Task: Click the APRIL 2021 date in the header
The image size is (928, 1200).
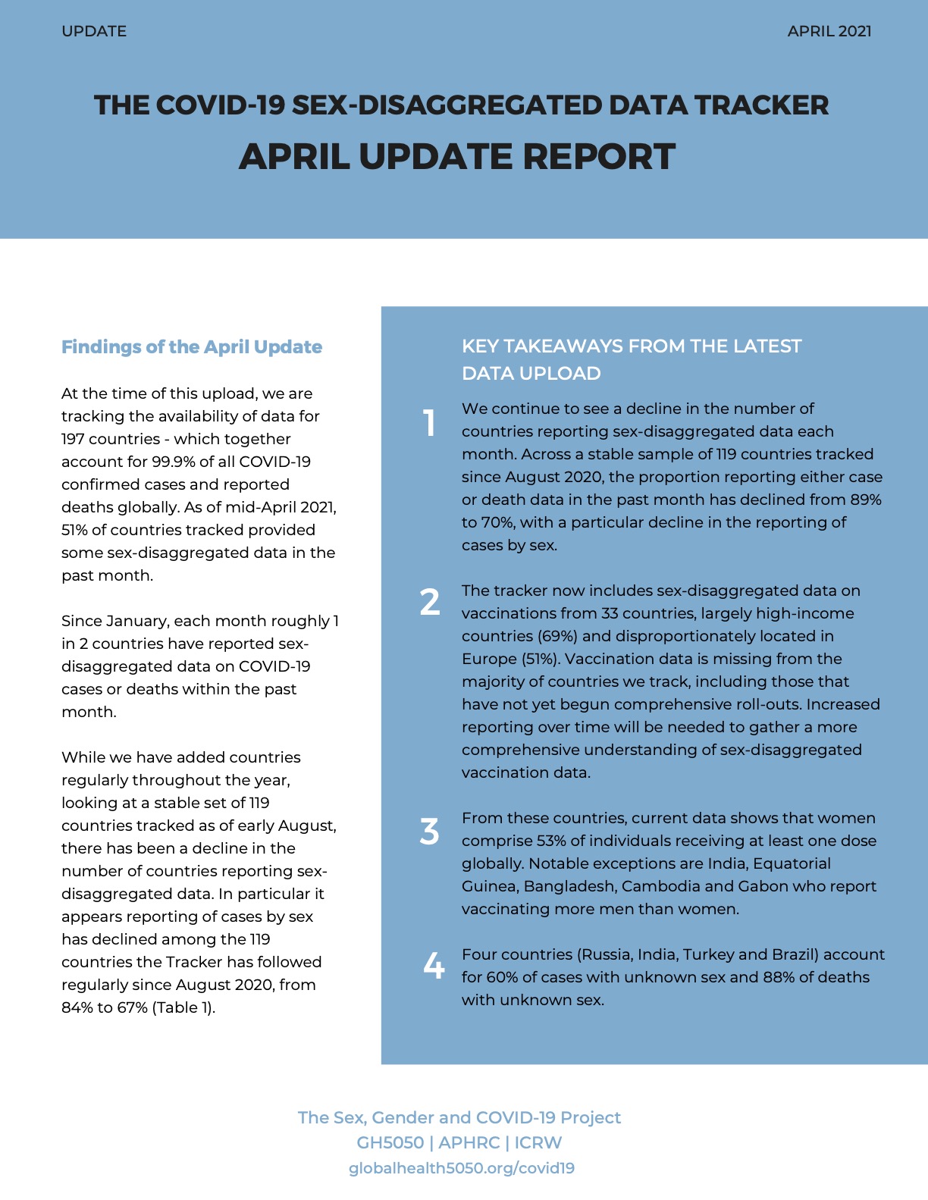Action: [x=829, y=31]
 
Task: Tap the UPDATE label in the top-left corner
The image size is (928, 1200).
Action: [x=94, y=31]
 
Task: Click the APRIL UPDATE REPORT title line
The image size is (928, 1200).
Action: [x=456, y=156]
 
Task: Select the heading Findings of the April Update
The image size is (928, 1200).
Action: [x=192, y=347]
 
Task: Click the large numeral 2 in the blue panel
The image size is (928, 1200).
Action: [x=429, y=602]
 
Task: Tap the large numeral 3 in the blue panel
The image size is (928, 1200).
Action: [x=429, y=832]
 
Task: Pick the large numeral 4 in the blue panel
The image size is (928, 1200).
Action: [x=433, y=966]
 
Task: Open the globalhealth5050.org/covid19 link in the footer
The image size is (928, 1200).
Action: [x=461, y=1168]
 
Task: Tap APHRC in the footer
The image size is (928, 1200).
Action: [x=469, y=1142]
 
